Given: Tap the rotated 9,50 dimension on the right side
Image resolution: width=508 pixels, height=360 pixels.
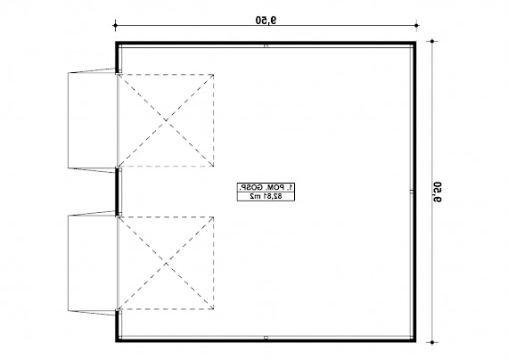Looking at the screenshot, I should click(438, 190).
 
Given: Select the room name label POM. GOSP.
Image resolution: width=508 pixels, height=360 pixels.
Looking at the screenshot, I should click(266, 185).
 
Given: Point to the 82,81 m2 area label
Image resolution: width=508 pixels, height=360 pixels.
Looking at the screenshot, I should click(266, 195).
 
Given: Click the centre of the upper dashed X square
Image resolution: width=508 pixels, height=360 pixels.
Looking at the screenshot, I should click(167, 120).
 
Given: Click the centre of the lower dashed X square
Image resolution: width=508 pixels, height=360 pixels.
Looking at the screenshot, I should click(167, 262).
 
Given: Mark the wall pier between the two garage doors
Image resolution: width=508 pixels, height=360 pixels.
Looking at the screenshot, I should click(118, 191).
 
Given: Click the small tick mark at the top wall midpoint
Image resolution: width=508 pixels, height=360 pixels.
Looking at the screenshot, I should click(266, 44).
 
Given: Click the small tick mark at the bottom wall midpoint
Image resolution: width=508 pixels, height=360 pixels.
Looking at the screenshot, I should click(266, 338).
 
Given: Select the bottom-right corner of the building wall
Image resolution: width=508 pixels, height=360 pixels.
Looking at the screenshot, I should click(415, 340).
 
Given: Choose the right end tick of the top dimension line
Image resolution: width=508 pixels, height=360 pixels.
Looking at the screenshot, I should click(415, 26).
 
